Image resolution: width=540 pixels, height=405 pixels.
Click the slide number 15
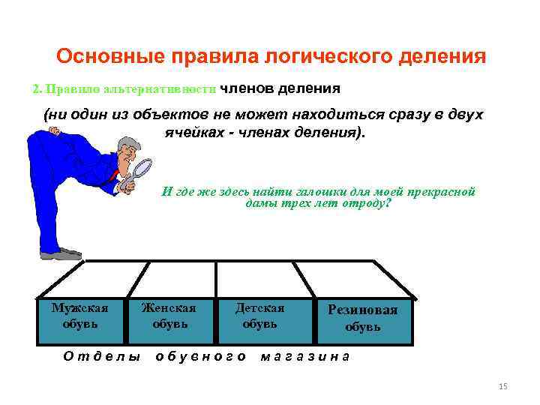[x=503, y=386]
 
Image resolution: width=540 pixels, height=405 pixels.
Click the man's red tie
[x=114, y=175]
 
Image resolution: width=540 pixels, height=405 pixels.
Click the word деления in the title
[x=445, y=57]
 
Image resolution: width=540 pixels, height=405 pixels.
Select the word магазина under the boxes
[x=304, y=356]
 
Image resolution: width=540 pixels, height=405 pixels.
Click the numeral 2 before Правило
[x=36, y=89]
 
